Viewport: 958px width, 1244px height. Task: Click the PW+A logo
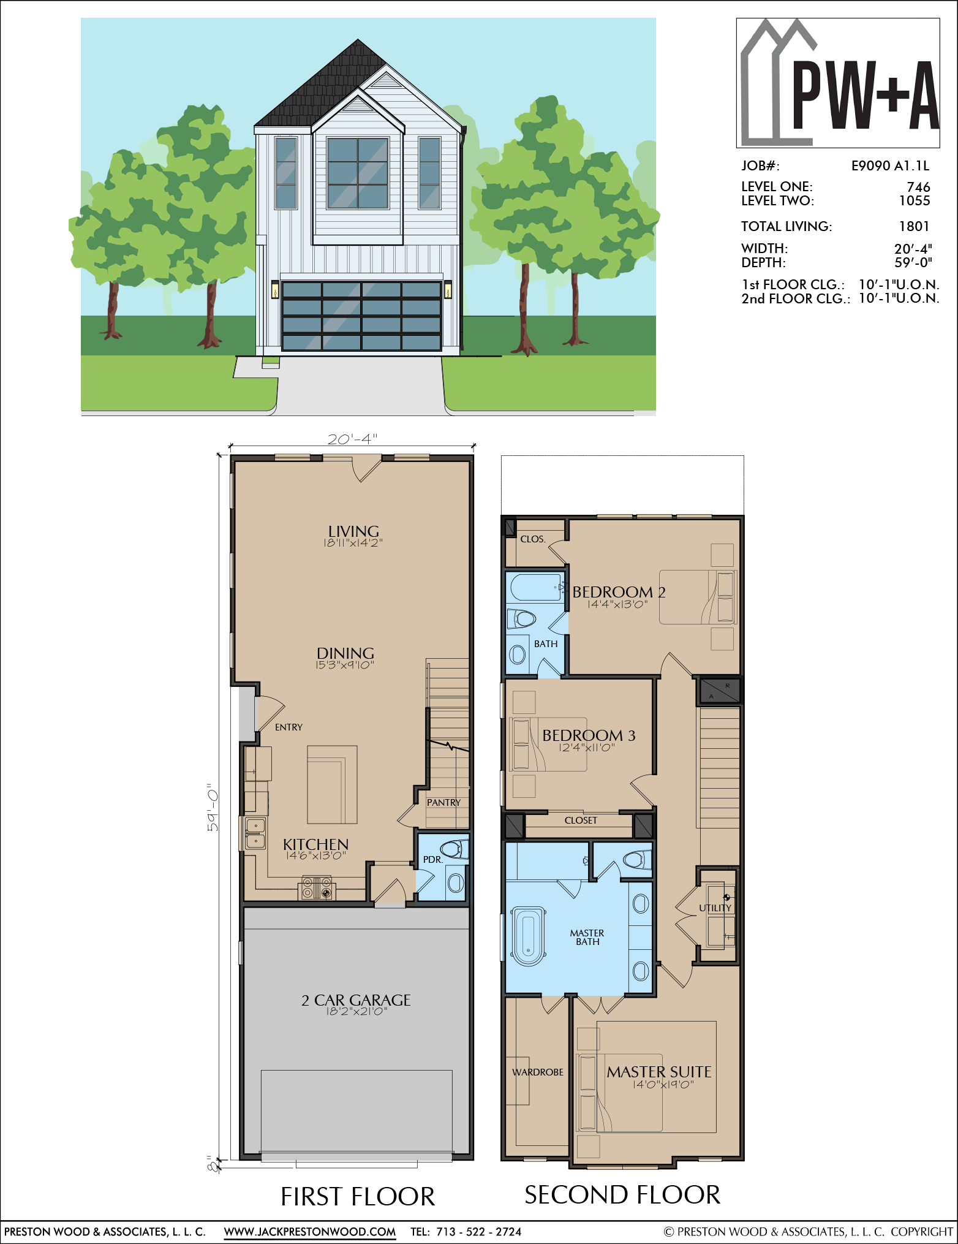tap(837, 83)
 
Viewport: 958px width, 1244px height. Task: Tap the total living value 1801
tap(914, 226)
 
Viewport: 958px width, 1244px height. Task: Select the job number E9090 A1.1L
tap(890, 165)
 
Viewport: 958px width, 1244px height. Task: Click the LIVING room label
tap(353, 531)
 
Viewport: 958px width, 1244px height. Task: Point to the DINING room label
tap(345, 653)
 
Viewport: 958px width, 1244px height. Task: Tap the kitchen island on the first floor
tap(332, 784)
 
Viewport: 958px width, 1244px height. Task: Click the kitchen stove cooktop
tap(317, 889)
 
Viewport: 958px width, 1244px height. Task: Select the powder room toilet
tap(454, 849)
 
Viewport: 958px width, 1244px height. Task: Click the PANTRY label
tap(443, 802)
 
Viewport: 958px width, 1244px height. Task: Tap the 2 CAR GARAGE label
tap(356, 1000)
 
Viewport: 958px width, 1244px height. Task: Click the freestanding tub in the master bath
tap(528, 936)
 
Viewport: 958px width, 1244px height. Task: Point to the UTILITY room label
tap(715, 908)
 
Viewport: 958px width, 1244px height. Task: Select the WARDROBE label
tap(538, 1072)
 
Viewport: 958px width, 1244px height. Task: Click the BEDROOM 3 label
tap(589, 735)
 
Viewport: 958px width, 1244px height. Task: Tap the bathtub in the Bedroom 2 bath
tap(536, 588)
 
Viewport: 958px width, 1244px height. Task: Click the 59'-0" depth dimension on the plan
tap(212, 807)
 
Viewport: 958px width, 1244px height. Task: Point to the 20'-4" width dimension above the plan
tap(352, 439)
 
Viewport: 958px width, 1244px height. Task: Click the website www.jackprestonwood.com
tap(310, 1232)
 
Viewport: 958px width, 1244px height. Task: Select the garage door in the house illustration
tap(361, 316)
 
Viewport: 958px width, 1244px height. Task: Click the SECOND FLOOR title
tap(622, 1195)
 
